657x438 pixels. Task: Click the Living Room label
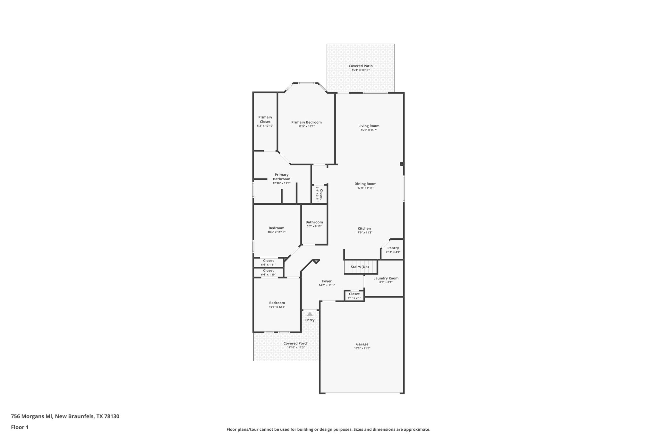click(369, 126)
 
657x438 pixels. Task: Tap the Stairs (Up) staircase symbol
click(360, 267)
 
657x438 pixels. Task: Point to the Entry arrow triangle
click(310, 314)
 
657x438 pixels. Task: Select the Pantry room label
click(393, 248)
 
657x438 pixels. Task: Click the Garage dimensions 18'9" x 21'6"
click(362, 348)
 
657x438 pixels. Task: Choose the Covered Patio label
click(361, 66)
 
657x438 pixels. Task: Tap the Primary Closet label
click(265, 119)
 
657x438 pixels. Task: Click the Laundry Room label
click(386, 278)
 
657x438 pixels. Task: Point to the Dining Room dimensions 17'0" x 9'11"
click(365, 188)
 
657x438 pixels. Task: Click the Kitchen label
click(364, 228)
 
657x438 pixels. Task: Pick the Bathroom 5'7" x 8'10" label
click(314, 222)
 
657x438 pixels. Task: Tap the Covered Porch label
click(296, 343)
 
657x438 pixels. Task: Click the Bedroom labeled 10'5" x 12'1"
click(277, 303)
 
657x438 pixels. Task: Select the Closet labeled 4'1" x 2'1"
click(354, 294)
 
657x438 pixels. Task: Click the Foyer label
click(327, 281)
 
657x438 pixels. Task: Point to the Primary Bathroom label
click(281, 177)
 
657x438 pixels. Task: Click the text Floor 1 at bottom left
click(20, 427)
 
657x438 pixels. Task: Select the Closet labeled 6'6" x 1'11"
click(268, 261)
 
